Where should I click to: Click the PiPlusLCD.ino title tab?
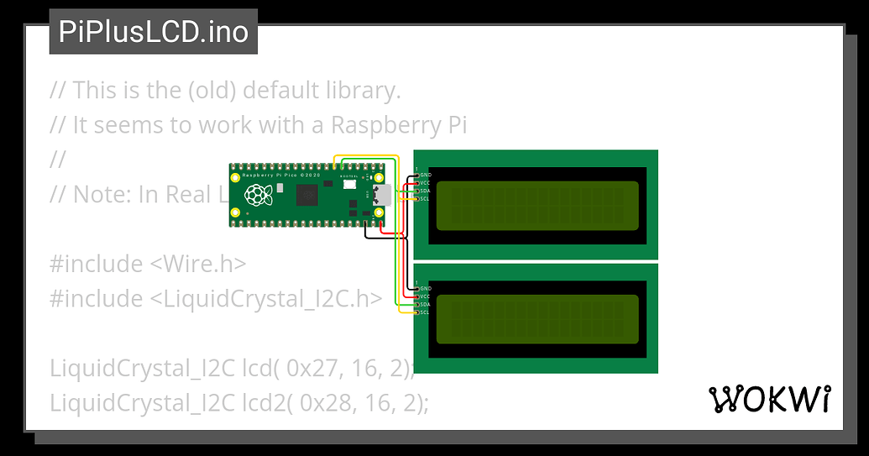[154, 32]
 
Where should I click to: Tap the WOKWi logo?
[771, 400]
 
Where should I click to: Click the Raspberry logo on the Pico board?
[258, 196]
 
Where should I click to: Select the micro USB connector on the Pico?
[381, 196]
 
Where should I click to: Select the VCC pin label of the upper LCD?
[425, 183]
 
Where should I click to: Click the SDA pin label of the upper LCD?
[425, 191]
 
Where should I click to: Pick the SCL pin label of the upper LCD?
[425, 198]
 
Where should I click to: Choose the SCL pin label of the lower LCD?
[425, 312]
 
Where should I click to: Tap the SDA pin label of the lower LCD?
[425, 304]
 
